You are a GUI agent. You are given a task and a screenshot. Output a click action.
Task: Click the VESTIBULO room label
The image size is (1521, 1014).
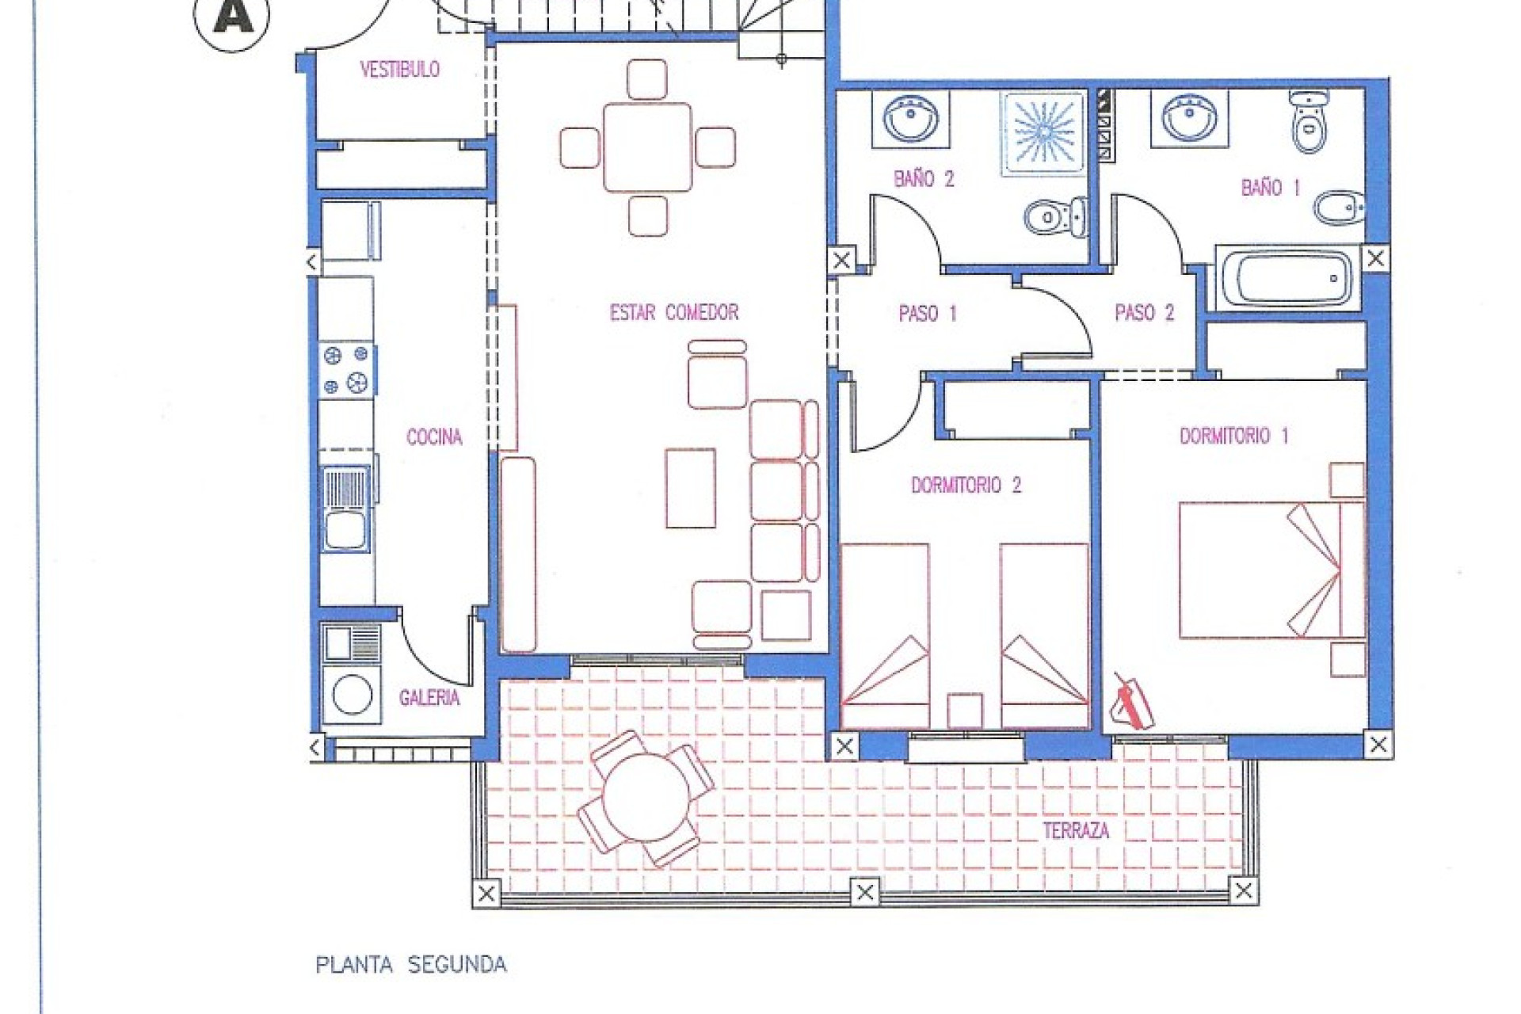pos(399,70)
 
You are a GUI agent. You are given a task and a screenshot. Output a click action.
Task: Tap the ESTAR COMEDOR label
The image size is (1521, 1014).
pos(673,313)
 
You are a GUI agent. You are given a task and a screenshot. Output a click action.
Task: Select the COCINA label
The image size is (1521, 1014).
pos(434,437)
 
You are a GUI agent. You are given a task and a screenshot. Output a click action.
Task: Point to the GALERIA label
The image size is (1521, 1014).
pos(429,699)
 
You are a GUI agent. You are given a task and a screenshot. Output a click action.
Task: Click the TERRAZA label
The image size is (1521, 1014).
pos(1075,831)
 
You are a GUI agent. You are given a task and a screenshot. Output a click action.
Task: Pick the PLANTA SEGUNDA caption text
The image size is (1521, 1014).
pos(410,965)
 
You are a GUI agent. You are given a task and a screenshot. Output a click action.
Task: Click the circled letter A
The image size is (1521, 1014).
pos(232,17)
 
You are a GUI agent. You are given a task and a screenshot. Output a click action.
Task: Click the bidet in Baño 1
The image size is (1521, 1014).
pos(1337,210)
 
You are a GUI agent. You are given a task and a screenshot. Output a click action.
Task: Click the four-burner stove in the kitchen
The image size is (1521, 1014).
pos(347,370)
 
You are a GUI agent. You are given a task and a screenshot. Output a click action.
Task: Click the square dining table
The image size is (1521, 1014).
pos(647,147)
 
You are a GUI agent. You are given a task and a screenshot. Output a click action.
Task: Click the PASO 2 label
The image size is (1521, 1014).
pos(1144,313)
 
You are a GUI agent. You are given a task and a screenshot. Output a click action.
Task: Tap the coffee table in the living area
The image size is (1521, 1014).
pos(690,488)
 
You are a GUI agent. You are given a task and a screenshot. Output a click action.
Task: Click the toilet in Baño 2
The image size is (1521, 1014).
pos(1054,215)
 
